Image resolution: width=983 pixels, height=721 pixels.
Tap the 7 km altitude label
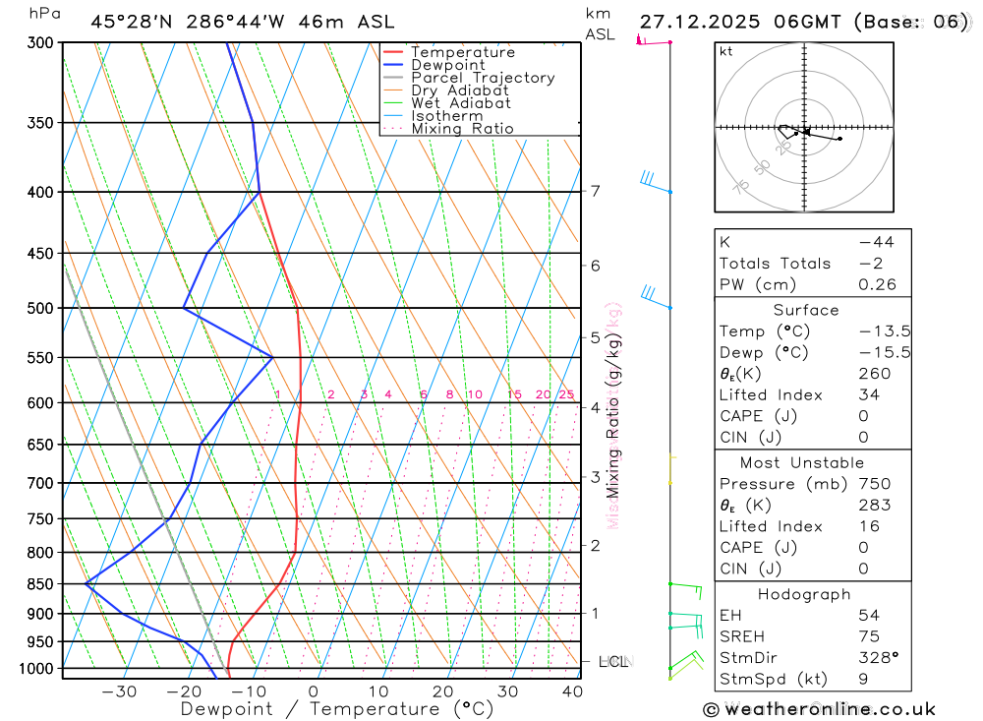tap(595, 191)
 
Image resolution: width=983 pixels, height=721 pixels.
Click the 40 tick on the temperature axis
tap(570, 691)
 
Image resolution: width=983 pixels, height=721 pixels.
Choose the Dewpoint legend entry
tap(447, 65)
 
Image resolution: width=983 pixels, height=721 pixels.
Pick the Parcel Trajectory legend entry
tap(483, 78)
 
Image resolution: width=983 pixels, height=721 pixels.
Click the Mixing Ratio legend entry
tap(462, 129)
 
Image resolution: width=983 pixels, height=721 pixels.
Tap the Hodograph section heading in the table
tap(805, 594)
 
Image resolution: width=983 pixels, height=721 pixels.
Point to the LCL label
tap(613, 662)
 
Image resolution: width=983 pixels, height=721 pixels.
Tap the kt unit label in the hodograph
tap(726, 52)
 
